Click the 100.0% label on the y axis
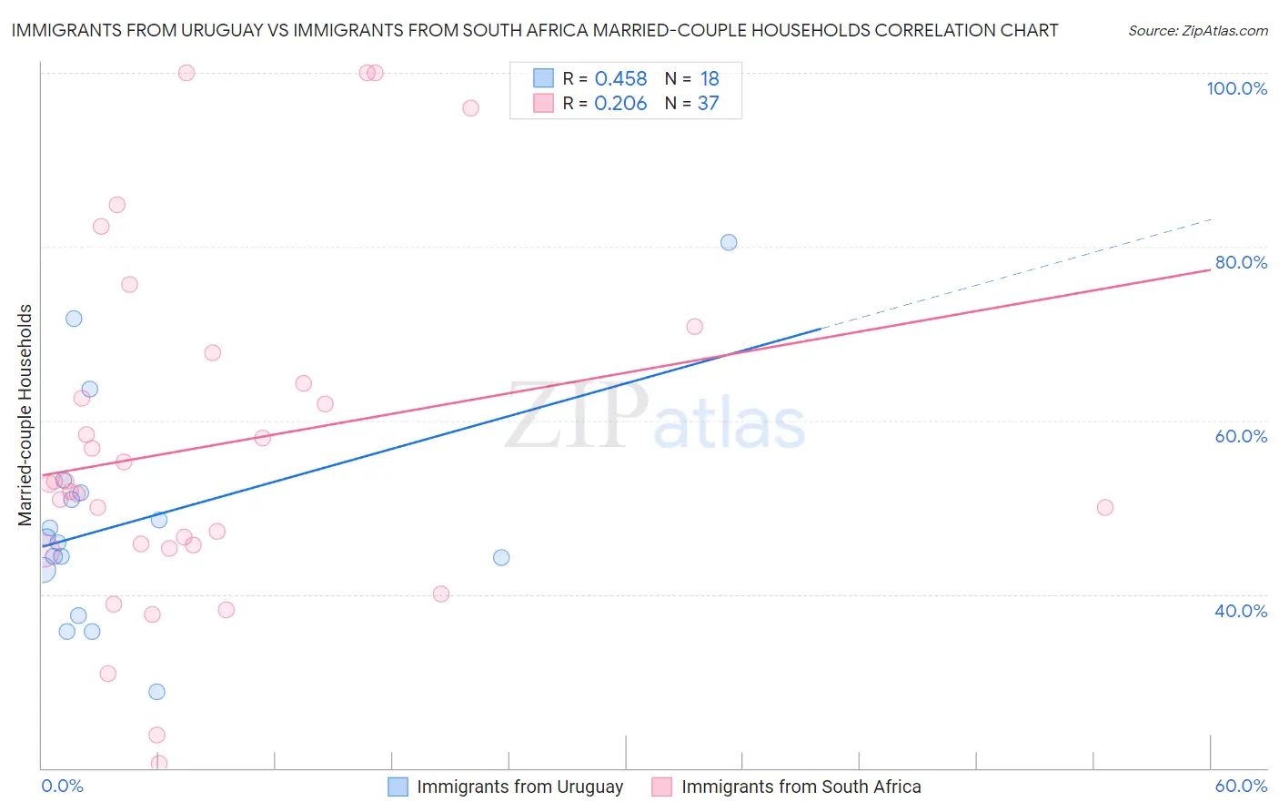click(1236, 88)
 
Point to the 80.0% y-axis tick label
click(1241, 262)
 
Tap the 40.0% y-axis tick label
click(1241, 610)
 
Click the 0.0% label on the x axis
click(62, 786)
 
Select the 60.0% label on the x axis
click(1241, 786)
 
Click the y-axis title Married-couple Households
click(25, 415)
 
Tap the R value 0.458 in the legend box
click(620, 79)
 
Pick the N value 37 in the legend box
click(708, 104)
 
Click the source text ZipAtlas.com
click(1197, 31)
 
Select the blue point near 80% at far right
click(729, 242)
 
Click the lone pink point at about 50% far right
click(1105, 507)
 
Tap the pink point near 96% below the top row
click(470, 108)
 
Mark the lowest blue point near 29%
click(156, 692)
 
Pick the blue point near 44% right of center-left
click(501, 557)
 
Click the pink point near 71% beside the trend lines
click(695, 327)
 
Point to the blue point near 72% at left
click(74, 319)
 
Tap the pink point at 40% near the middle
click(441, 594)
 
